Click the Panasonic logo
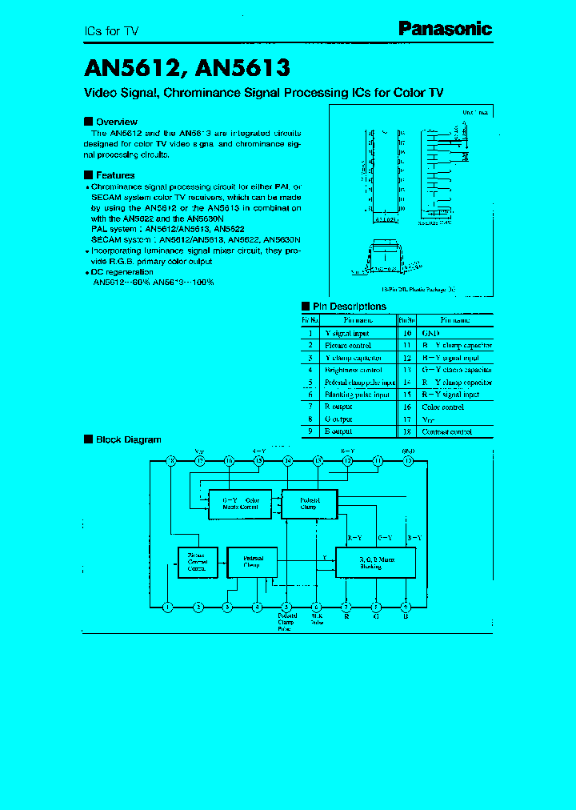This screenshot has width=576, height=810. point(446,30)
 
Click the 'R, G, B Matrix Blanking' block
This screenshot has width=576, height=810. point(375,563)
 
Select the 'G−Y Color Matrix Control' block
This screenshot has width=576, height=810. point(240,503)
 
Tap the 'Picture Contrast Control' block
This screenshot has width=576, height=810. point(197,562)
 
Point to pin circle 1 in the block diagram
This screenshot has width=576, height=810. point(168,607)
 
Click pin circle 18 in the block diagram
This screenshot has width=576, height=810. point(170,461)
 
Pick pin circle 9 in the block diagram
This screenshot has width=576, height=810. point(406,607)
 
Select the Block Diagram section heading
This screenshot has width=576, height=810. point(128,439)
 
